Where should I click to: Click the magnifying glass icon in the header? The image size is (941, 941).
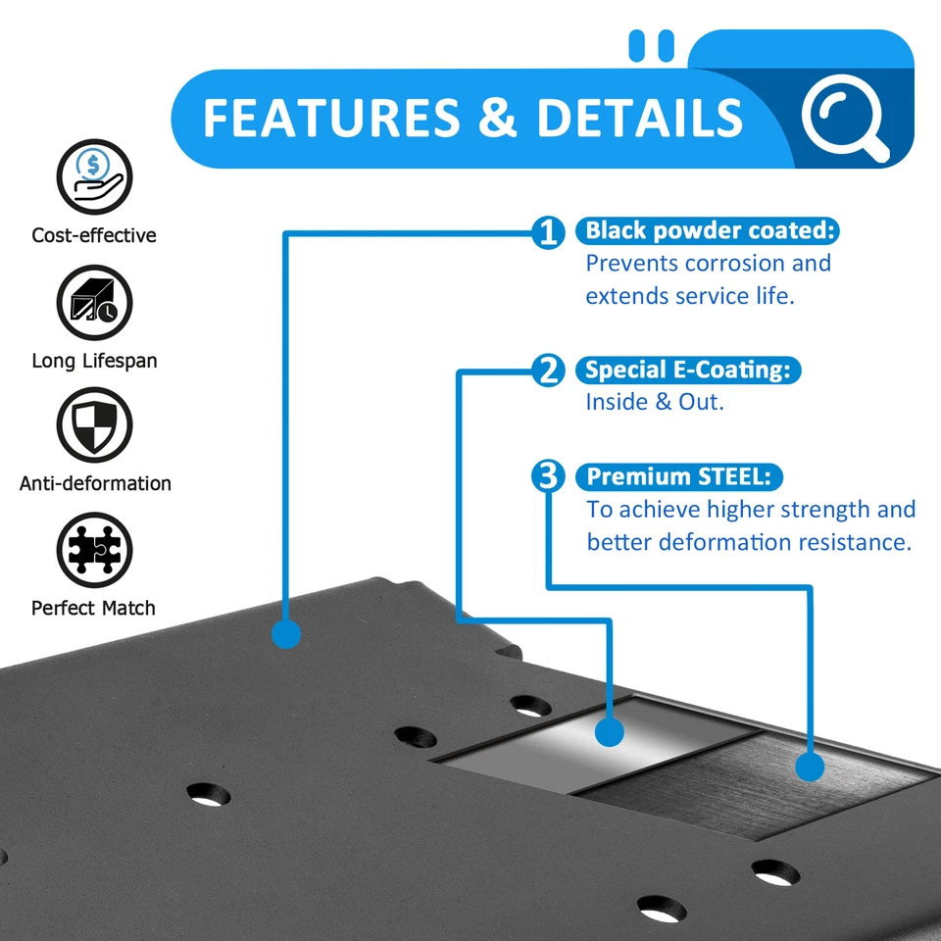point(843,118)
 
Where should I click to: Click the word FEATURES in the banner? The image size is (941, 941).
point(331,118)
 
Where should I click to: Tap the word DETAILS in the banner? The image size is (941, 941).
point(640,118)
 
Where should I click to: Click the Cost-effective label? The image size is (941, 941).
point(94,235)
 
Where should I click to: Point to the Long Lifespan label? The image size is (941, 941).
point(94,361)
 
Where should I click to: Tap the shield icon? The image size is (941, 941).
point(94,424)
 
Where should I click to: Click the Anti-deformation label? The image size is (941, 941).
point(95,483)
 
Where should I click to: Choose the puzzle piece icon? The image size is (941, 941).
point(94,549)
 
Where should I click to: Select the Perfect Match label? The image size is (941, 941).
point(93,608)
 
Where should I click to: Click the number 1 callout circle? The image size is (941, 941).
point(549,232)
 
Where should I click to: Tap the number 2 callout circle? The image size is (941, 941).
point(549,371)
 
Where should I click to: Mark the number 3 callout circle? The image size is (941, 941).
point(549,477)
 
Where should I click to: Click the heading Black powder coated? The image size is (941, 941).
point(710,231)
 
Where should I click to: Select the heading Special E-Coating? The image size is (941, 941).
point(689,371)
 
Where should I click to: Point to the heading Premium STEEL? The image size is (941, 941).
point(680,477)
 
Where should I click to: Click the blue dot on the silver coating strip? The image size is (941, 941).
point(610,732)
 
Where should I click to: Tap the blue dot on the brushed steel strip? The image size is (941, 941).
point(810,766)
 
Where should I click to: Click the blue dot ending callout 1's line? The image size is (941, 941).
point(285,633)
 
